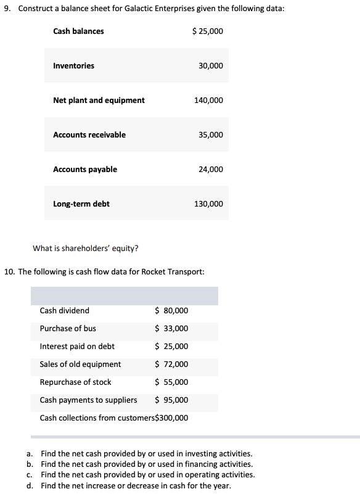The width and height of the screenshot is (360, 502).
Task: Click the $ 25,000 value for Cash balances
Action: [208, 31]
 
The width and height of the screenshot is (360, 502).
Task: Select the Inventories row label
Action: [73, 66]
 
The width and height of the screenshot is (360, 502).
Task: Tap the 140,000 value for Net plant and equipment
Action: [208, 101]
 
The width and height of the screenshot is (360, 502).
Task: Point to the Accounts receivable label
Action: [89, 135]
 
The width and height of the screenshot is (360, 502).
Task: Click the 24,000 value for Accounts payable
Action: [211, 170]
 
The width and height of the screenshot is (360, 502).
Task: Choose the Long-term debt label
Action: [81, 204]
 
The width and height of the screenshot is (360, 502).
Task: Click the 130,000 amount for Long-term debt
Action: [208, 204]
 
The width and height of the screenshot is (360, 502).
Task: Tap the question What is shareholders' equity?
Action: [85, 249]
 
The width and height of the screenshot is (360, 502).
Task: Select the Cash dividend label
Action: [64, 311]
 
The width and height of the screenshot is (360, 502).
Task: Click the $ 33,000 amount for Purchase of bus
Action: [171, 329]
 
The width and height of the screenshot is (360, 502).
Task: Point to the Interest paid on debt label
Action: [77, 347]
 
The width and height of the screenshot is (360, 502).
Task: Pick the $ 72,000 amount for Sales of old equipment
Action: [171, 364]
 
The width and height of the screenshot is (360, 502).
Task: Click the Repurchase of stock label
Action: [75, 382]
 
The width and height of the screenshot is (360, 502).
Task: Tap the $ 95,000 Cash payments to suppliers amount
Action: [171, 400]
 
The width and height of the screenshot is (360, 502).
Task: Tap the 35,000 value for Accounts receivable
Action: [211, 135]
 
